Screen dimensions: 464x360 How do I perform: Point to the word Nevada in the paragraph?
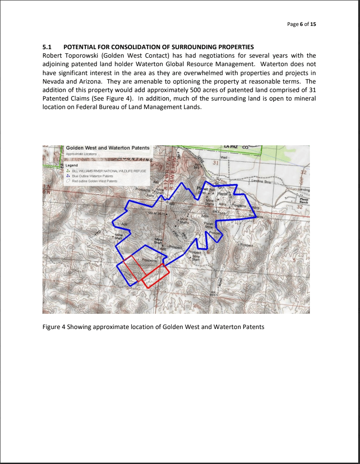coord(53,81)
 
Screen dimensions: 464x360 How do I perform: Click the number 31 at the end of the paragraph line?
coord(312,90)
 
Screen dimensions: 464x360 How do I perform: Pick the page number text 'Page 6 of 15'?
coord(301,24)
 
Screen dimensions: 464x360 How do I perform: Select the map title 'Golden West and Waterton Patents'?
coord(107,148)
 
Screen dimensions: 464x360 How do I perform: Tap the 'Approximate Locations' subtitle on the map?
coord(81,154)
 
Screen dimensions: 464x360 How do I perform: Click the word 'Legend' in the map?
coord(72,165)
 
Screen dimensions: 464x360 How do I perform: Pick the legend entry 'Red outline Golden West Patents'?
coord(94,181)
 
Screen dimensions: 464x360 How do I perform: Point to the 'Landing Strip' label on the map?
coord(263,181)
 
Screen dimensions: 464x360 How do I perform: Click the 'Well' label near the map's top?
coord(224,157)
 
